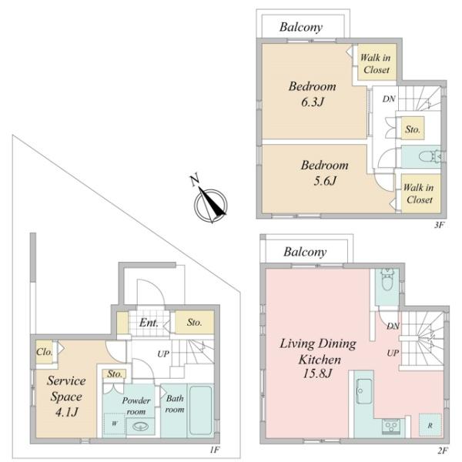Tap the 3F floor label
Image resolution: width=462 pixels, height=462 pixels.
(x=439, y=226)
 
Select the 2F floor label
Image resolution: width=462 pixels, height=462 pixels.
(x=443, y=450)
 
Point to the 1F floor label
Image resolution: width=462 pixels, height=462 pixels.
(x=215, y=450)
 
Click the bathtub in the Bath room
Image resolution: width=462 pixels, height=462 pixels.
(x=201, y=410)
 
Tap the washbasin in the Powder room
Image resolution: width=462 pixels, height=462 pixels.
(x=140, y=426)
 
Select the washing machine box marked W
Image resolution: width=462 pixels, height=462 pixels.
(x=114, y=424)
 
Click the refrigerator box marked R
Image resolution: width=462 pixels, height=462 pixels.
(x=430, y=425)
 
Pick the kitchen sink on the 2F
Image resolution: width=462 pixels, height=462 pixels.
(x=364, y=391)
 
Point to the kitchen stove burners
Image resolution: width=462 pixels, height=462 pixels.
(x=391, y=426)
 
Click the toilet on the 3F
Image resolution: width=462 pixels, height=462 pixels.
(x=430, y=156)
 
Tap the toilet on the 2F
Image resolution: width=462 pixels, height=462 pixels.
(x=386, y=280)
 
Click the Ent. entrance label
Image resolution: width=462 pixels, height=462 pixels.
(x=149, y=323)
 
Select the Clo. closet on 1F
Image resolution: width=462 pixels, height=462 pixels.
(x=45, y=352)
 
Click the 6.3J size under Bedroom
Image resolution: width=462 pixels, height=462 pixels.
(x=313, y=102)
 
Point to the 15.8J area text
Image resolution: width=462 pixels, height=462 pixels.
(x=317, y=373)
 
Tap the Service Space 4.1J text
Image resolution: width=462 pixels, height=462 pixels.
(x=66, y=397)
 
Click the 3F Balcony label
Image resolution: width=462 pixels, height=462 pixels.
(x=301, y=27)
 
